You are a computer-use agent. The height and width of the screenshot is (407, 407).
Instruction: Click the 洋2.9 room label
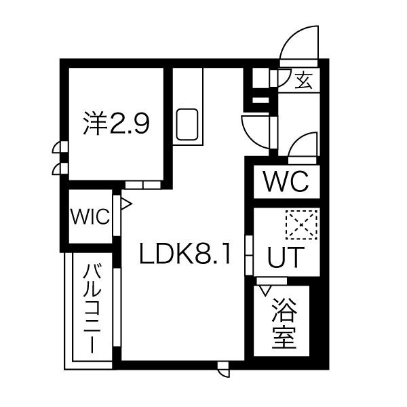click(x=116, y=123)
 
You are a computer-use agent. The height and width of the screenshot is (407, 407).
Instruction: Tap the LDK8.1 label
click(x=185, y=253)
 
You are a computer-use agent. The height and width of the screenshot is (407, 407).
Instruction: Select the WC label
click(x=286, y=181)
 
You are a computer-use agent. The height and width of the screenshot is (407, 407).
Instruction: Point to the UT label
click(x=286, y=257)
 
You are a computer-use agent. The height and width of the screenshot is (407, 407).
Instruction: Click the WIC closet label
click(x=90, y=216)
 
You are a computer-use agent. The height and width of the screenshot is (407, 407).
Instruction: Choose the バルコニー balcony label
click(x=92, y=308)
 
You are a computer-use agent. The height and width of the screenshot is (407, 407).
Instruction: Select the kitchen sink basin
click(x=187, y=124)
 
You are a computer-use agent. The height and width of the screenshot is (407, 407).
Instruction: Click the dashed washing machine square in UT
click(x=301, y=225)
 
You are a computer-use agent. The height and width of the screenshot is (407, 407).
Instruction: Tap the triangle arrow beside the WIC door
click(x=126, y=203)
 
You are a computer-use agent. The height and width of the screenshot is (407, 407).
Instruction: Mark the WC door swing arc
click(x=303, y=144)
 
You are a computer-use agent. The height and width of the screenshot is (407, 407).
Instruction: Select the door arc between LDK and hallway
click(x=256, y=132)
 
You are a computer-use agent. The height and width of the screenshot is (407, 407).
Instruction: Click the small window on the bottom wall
click(x=224, y=370)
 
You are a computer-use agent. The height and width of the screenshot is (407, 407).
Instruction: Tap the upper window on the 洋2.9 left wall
click(x=60, y=147)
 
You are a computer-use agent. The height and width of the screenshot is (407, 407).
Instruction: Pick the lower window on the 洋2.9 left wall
click(x=60, y=169)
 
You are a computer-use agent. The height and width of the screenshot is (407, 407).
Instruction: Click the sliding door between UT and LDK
click(x=249, y=255)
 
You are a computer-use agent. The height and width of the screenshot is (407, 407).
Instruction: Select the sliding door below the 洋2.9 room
click(x=143, y=185)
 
